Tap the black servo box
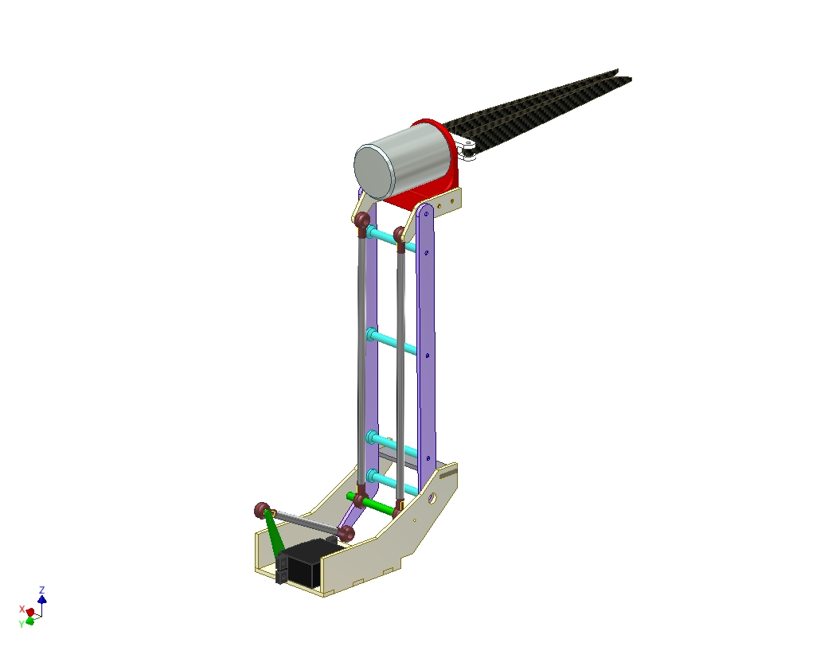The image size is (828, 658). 301,562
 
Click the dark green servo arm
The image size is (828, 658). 274,534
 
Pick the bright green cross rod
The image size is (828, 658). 373,504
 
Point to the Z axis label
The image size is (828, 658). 42,590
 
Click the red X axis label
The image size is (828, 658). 21,609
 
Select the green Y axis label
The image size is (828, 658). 21,625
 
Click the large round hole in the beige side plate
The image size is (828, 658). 432,497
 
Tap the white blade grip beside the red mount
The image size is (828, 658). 467,150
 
